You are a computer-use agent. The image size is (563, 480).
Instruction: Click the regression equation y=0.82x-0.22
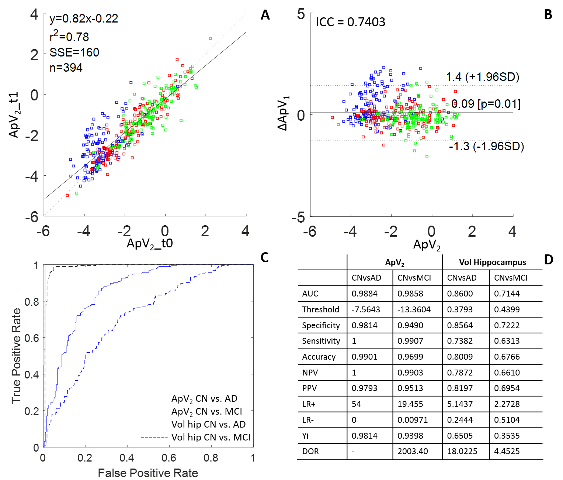click(x=84, y=18)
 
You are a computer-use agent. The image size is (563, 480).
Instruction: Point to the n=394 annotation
click(x=66, y=68)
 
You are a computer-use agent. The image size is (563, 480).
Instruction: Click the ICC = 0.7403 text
click(x=350, y=22)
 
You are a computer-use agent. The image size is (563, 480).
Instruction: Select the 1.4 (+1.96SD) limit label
click(x=482, y=77)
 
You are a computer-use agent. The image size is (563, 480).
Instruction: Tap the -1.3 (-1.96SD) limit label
click(x=486, y=146)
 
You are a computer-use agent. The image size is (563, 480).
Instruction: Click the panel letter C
click(x=264, y=257)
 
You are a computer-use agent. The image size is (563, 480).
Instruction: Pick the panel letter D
click(x=548, y=260)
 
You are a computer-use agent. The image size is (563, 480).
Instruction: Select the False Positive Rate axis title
click(x=148, y=473)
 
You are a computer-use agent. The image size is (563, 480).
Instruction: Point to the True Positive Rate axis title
click(x=16, y=356)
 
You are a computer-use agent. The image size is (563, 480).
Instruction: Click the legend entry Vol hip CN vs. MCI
click(x=211, y=438)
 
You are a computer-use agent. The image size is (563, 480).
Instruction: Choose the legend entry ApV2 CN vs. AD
click(x=204, y=399)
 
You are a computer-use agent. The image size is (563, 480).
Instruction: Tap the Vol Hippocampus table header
click(x=492, y=263)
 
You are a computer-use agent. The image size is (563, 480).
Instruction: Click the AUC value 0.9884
click(x=364, y=294)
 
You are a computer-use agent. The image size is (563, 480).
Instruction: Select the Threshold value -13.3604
click(x=414, y=309)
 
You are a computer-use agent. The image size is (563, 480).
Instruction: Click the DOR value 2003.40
click(x=413, y=452)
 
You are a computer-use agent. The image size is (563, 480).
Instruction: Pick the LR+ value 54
click(x=356, y=404)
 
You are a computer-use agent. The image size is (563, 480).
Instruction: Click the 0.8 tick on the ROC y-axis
click(x=31, y=302)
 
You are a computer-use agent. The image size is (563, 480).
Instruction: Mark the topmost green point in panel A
click(x=211, y=38)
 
